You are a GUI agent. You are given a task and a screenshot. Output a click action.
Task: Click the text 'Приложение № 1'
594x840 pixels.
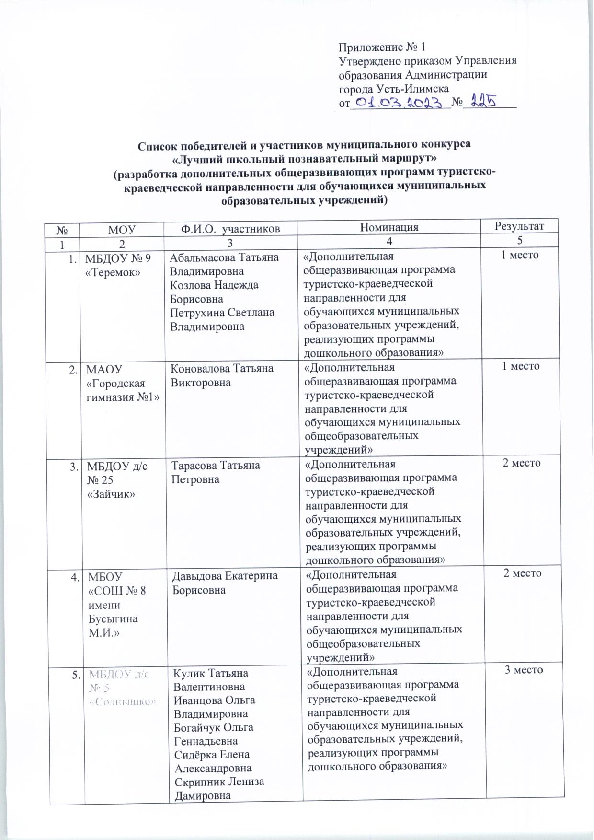tap(382, 47)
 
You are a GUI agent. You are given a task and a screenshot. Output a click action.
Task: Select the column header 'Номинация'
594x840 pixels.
tap(389, 227)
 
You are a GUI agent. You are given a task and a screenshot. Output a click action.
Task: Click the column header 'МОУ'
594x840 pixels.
tap(122, 229)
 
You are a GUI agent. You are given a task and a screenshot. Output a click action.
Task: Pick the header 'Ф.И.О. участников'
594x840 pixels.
tap(230, 229)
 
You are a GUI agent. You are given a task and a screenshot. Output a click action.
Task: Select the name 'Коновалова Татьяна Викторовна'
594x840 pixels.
tap(223, 375)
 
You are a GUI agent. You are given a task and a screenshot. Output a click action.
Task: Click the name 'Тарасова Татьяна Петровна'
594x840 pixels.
tap(216, 472)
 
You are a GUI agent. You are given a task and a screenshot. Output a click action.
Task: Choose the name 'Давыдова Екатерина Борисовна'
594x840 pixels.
tap(225, 583)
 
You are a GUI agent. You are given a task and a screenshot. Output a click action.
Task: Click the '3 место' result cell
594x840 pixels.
tap(524, 669)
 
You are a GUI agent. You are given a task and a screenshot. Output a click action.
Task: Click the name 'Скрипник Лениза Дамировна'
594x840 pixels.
tap(218, 788)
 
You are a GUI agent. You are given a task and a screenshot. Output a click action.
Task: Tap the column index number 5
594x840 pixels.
tap(520, 240)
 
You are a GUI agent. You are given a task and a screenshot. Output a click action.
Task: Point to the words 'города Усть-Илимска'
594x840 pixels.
tap(394, 89)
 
